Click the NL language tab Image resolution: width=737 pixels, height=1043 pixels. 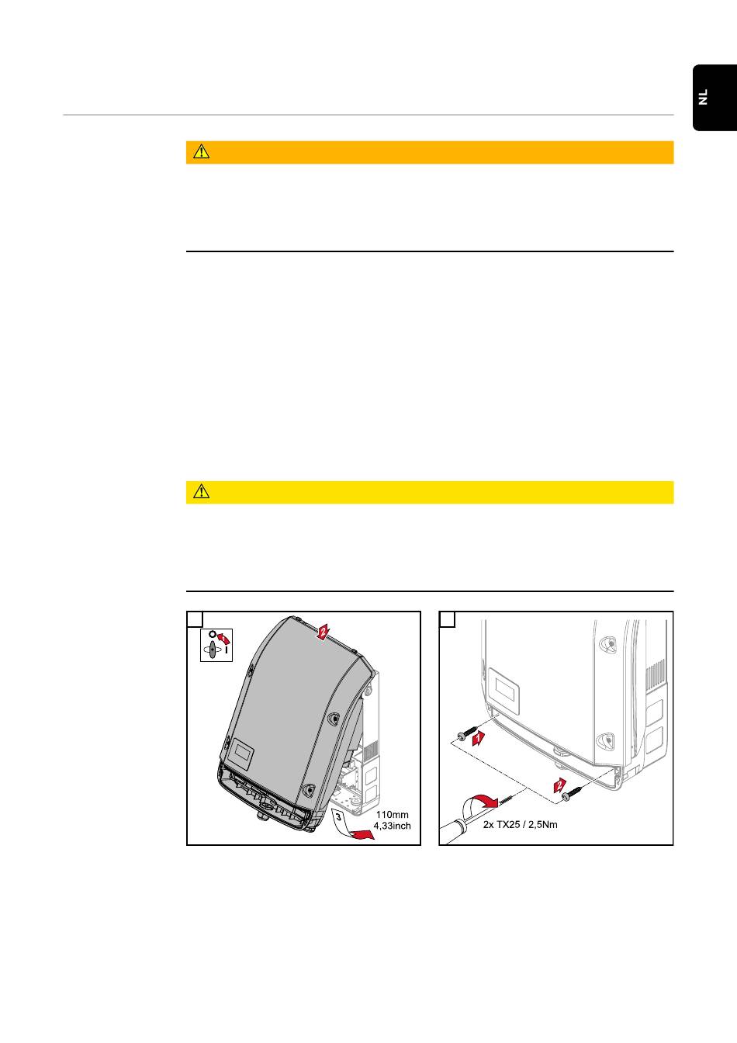click(x=715, y=97)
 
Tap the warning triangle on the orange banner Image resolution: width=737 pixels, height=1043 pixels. click(x=201, y=152)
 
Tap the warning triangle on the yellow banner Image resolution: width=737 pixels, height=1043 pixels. click(x=201, y=492)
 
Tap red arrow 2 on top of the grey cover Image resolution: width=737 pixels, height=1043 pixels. click(x=322, y=632)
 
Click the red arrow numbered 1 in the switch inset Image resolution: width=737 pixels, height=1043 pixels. click(x=224, y=638)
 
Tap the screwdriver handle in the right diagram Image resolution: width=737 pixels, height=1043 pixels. click(x=452, y=831)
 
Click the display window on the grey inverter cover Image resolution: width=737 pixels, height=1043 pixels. click(x=243, y=752)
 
